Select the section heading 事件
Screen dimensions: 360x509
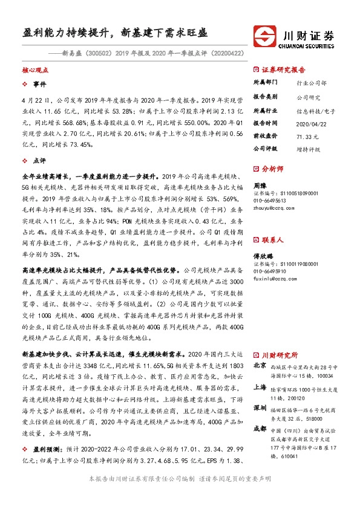[39, 84]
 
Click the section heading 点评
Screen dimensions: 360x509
[39, 161]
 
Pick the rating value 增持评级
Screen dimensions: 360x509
[308, 148]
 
